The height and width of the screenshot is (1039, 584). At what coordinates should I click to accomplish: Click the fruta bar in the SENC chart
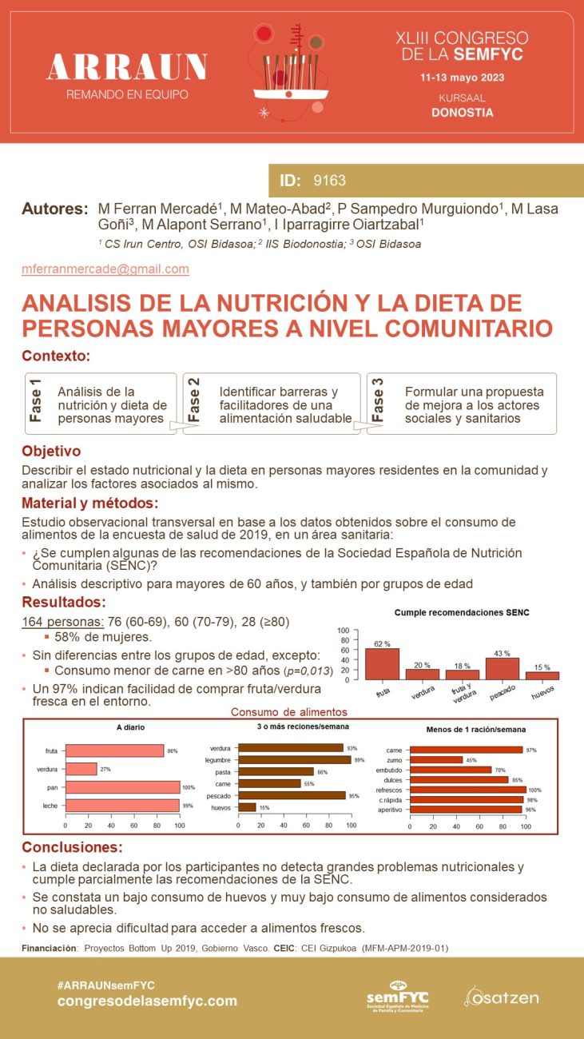coord(382,663)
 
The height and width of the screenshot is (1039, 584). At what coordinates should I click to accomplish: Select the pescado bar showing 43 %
coord(503,668)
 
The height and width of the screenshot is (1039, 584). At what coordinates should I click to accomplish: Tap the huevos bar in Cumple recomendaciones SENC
coord(542,675)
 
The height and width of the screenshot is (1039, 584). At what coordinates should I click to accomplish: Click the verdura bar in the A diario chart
coord(81,769)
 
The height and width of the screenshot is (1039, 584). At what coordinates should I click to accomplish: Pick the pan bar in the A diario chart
coord(122,787)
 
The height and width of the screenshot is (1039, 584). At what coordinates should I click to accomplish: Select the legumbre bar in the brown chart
coord(295,759)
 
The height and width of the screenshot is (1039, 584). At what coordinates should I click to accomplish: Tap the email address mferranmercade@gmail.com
coord(105,269)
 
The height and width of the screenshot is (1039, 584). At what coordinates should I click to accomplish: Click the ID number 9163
coord(330,181)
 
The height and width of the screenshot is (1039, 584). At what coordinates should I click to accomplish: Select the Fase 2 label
coord(194,400)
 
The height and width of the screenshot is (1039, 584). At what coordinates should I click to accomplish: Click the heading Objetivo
coord(51,452)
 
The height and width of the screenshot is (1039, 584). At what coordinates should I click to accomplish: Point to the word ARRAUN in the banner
coord(127,68)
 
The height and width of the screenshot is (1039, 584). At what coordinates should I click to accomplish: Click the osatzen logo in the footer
coord(502,997)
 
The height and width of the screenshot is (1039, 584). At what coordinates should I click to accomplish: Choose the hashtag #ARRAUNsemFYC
coord(107,985)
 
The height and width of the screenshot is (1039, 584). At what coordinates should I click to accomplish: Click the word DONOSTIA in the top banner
coord(462,113)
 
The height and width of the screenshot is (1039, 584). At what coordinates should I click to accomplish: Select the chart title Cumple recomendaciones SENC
coord(462,613)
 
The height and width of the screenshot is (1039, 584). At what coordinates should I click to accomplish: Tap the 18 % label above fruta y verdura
coord(463,665)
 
